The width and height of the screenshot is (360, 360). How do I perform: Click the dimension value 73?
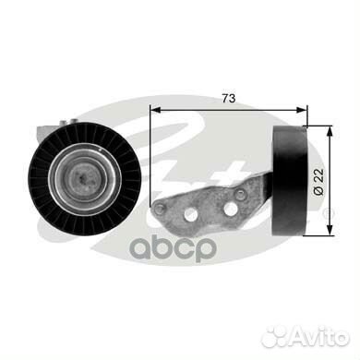(x=229, y=99)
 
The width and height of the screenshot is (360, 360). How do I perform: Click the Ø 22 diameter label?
(x=318, y=182)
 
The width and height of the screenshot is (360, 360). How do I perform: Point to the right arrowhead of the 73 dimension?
(x=301, y=110)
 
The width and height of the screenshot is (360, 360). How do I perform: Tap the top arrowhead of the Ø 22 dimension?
(x=330, y=132)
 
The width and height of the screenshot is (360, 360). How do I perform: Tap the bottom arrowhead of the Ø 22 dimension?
(x=330, y=230)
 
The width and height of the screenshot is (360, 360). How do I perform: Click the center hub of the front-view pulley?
(x=83, y=178)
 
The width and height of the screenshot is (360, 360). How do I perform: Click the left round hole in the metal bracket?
(x=192, y=214)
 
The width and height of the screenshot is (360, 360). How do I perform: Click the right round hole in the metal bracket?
(x=230, y=210)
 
